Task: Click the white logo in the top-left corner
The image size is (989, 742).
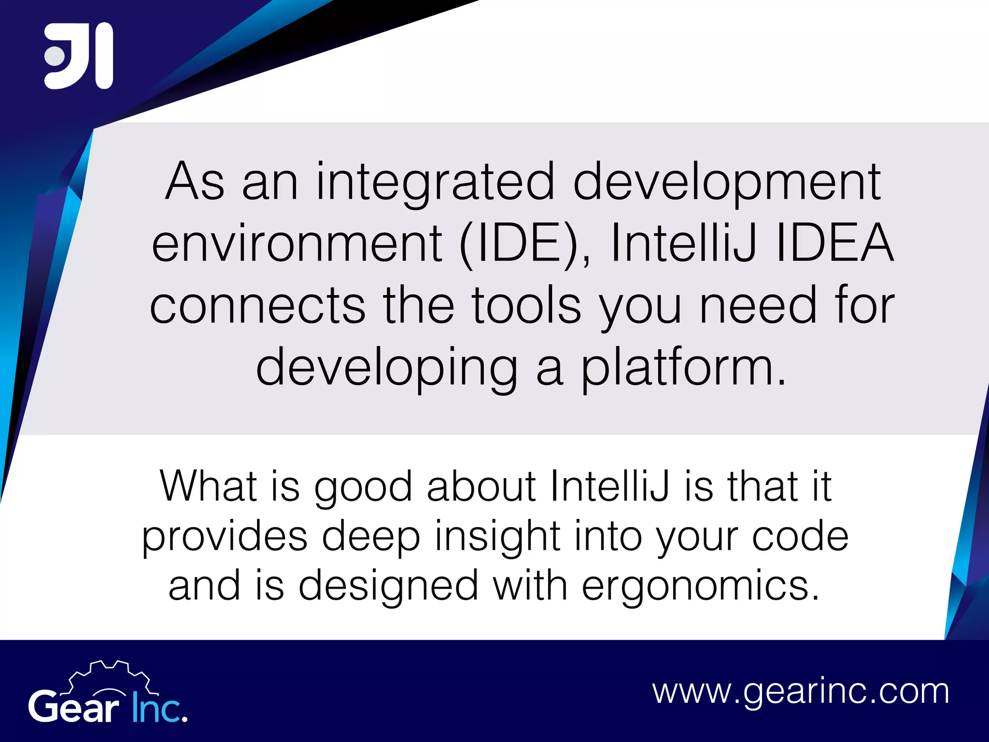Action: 79,56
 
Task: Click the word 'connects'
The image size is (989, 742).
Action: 257,305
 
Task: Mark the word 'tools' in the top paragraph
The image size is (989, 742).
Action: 526,305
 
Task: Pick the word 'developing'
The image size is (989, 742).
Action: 387,368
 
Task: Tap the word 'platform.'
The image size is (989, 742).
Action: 683,368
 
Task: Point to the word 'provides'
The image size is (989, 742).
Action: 225,537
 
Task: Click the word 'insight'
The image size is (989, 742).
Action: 497,537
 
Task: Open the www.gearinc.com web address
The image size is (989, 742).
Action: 801,692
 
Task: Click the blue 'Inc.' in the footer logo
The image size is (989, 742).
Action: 159,708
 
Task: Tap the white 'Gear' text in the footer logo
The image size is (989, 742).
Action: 73,708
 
